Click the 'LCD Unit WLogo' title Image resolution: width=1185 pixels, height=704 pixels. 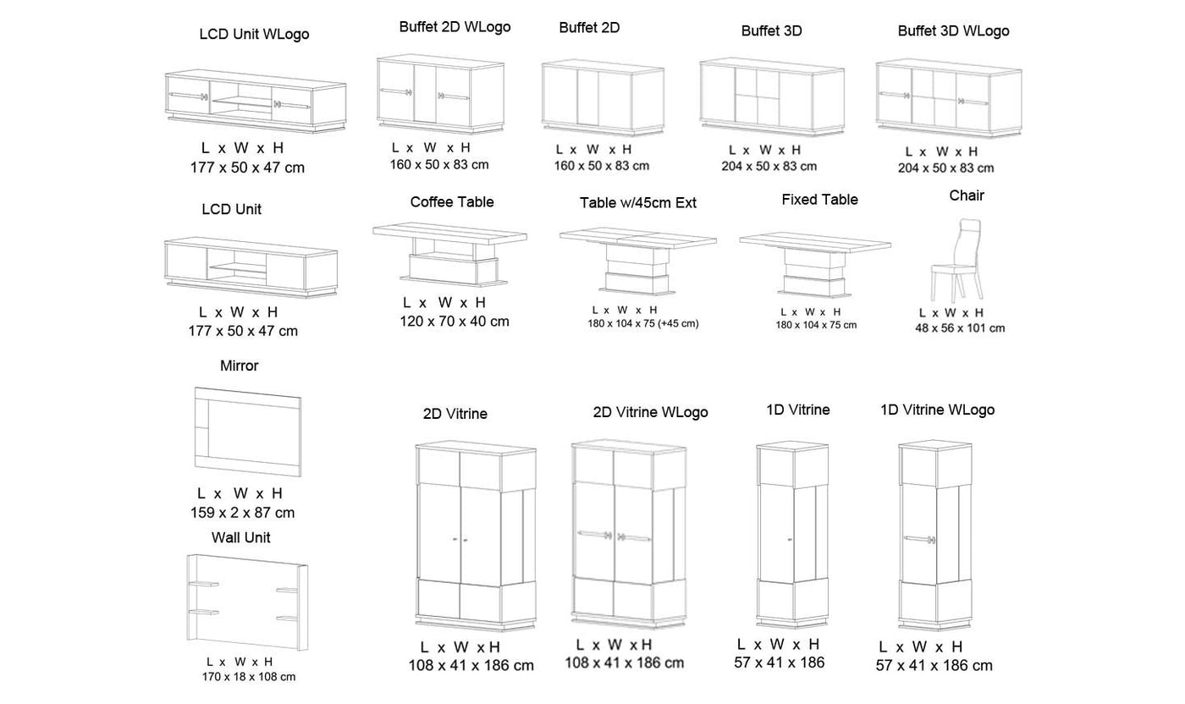pyautogui.click(x=254, y=35)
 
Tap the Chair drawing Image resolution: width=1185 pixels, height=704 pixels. pyautogui.click(x=957, y=261)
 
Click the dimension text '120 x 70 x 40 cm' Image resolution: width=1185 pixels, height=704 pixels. pyautogui.click(x=455, y=322)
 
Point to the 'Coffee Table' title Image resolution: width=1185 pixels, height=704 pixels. pyautogui.click(x=452, y=202)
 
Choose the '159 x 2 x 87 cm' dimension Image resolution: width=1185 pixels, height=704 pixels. pyautogui.click(x=242, y=513)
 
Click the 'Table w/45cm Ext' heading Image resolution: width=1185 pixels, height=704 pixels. pyautogui.click(x=638, y=203)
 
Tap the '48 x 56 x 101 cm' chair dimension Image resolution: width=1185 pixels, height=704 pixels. pyautogui.click(x=960, y=328)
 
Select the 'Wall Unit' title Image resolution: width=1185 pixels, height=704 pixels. pyautogui.click(x=241, y=537)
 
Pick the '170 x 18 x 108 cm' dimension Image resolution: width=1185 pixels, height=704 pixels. pyautogui.click(x=249, y=677)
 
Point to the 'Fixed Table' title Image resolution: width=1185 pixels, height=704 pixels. pyautogui.click(x=819, y=200)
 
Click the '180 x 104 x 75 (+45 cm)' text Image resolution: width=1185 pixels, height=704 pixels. pyautogui.click(x=643, y=324)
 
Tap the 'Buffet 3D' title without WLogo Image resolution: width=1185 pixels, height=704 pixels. pyautogui.click(x=771, y=31)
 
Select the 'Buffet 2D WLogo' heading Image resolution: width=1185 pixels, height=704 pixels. pyautogui.click(x=455, y=27)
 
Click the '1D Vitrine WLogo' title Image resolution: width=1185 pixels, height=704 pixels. pyautogui.click(x=937, y=410)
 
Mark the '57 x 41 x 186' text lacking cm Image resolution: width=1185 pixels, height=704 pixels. pyautogui.click(x=779, y=663)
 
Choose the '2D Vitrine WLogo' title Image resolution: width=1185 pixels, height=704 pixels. pyautogui.click(x=650, y=412)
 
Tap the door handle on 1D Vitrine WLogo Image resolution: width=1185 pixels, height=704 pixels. pyautogui.click(x=918, y=538)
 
